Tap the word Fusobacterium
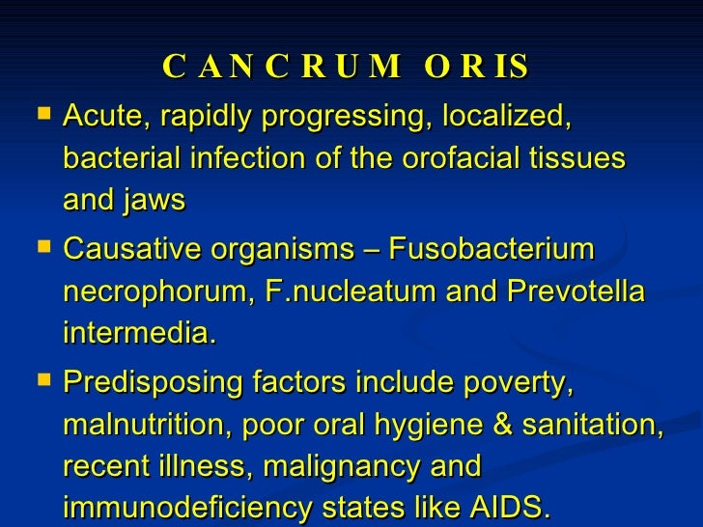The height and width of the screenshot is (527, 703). pyautogui.click(x=492, y=250)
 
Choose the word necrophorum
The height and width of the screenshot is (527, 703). pyautogui.click(x=152, y=291)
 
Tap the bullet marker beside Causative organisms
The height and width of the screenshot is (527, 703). pyautogui.click(x=40, y=248)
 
